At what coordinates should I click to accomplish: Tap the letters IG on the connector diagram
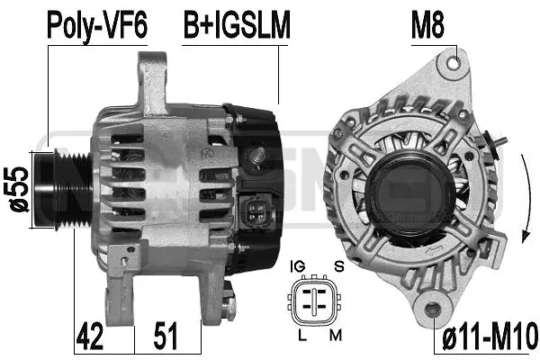pyautogui.click(x=298, y=266)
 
